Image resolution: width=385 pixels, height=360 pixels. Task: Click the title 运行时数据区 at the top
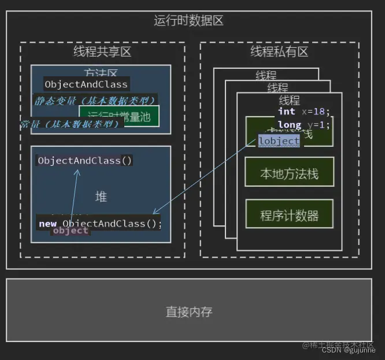click(x=188, y=21)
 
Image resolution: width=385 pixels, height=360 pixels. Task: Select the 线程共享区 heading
click(x=102, y=52)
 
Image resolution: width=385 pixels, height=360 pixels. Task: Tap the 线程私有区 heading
click(x=279, y=52)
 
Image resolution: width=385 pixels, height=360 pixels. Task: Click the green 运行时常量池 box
click(x=119, y=117)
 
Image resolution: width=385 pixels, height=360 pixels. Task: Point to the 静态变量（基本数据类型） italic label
click(x=95, y=101)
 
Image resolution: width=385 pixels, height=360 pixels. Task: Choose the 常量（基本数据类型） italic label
click(x=71, y=124)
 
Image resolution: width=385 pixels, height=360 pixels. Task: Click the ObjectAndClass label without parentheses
click(x=86, y=84)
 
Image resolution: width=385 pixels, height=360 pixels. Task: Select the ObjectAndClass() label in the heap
click(x=85, y=161)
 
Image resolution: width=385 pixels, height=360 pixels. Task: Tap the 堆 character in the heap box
click(x=101, y=197)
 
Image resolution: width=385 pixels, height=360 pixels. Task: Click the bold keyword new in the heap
click(x=47, y=224)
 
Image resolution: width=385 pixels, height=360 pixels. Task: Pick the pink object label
click(x=71, y=231)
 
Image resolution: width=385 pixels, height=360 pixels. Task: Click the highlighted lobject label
click(x=279, y=141)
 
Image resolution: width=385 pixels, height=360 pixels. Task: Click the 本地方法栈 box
click(x=289, y=173)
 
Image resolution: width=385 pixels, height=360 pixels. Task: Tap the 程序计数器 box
click(x=289, y=216)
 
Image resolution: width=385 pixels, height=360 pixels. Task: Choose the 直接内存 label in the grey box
click(x=189, y=312)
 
